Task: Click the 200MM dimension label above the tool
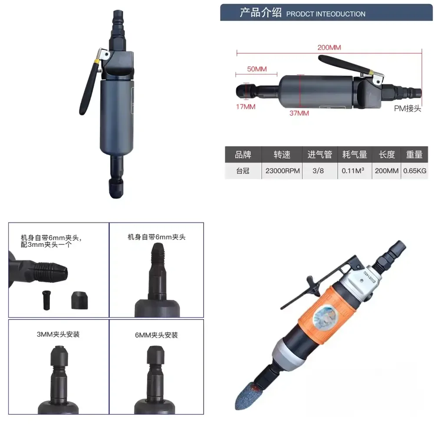329,47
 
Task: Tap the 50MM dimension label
257,69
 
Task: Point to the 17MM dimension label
246,106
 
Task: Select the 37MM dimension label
299,113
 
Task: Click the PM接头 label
408,108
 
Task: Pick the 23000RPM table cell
283,171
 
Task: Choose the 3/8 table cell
318,171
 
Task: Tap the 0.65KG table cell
414,171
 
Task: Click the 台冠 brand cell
243,171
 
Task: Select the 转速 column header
282,154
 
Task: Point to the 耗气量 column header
355,154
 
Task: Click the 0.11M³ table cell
353,170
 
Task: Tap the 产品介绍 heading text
260,13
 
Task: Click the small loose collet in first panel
46,300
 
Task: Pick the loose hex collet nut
80,300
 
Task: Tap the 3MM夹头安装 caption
58,335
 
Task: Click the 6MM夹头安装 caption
156,335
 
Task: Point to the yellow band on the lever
97,61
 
